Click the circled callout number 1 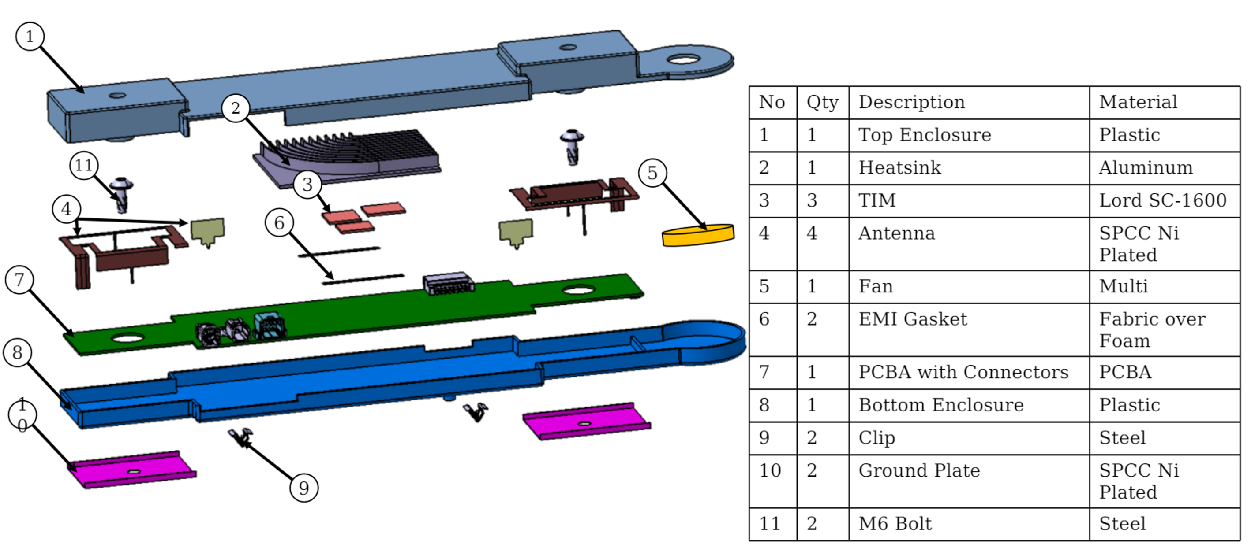click(x=30, y=37)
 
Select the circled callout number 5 click(x=652, y=173)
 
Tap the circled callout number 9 click(x=303, y=488)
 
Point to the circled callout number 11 click(x=83, y=166)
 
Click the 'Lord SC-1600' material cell click(x=1163, y=200)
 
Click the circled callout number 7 click(x=19, y=280)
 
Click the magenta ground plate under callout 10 click(x=131, y=470)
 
